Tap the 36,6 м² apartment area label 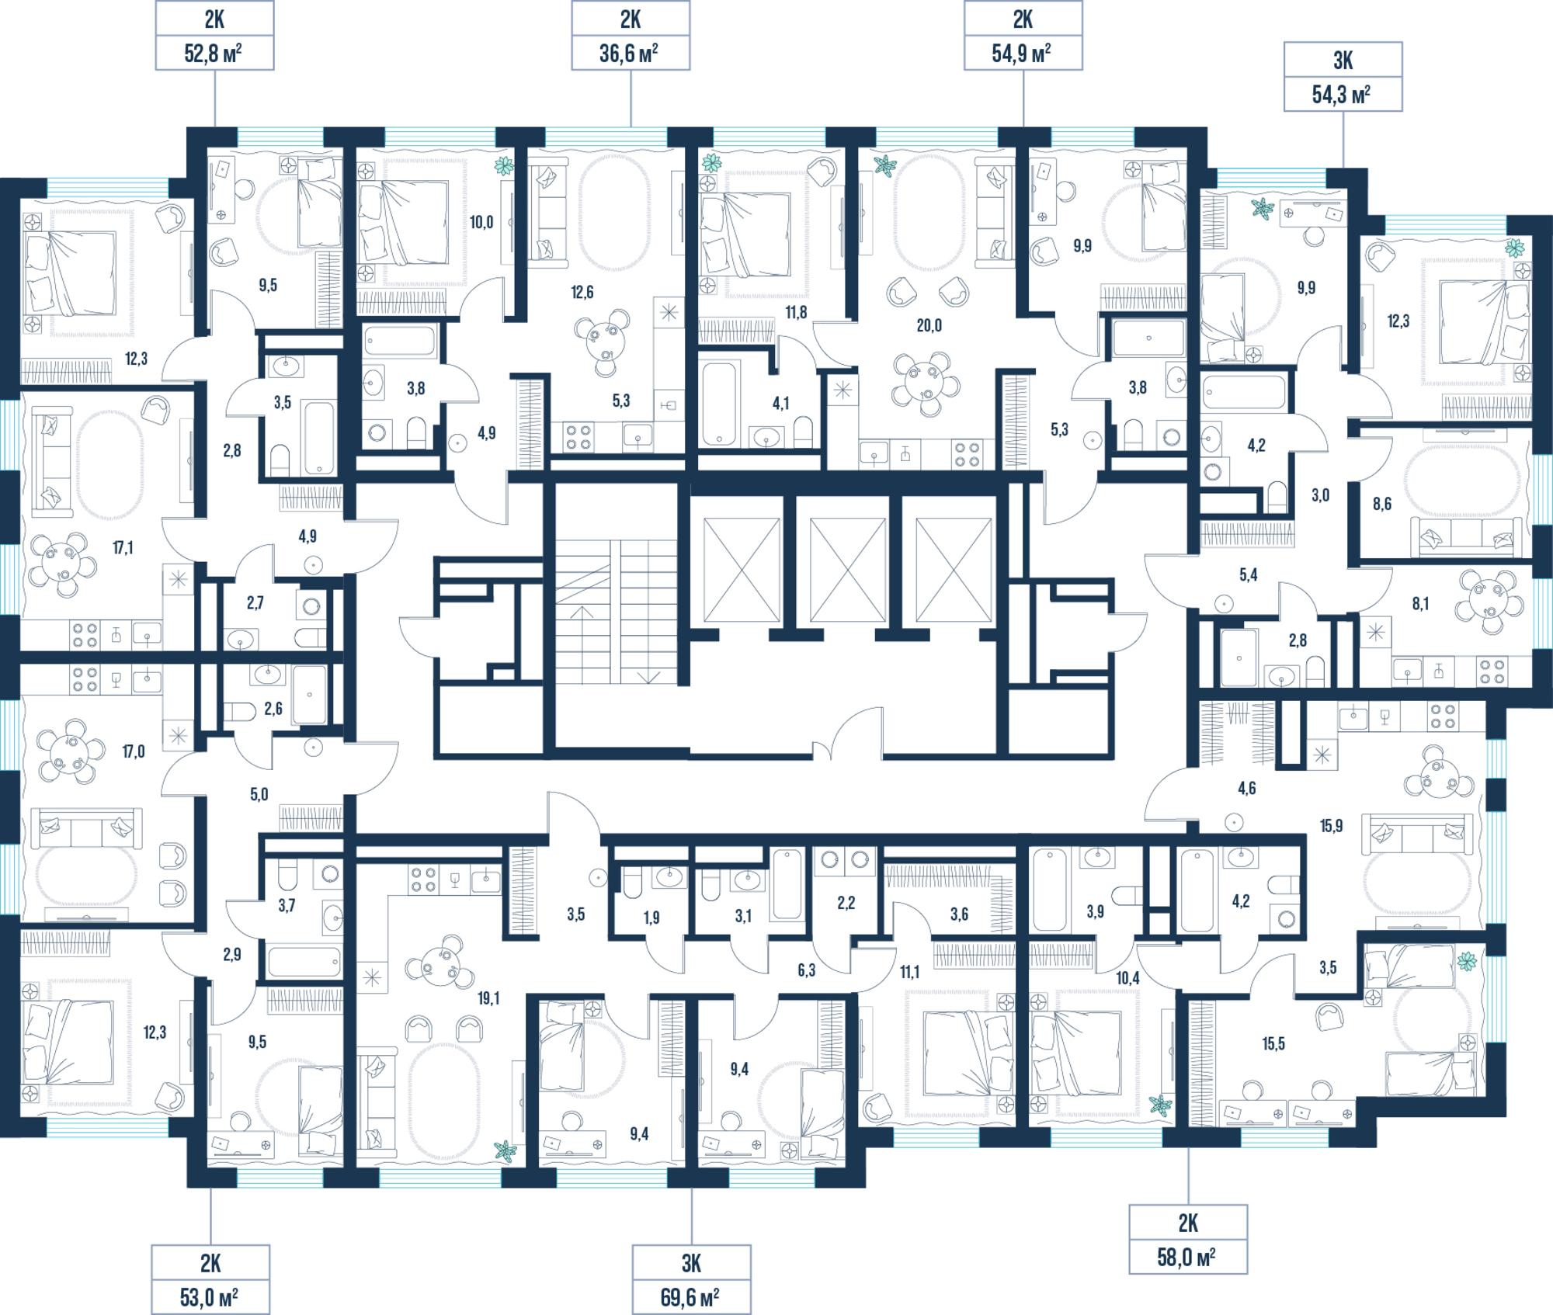coord(630,54)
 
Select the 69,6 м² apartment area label coord(690,1297)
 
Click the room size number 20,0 coord(929,325)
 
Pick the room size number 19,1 coord(488,998)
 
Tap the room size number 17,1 coord(123,548)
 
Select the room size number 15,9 coord(1331,826)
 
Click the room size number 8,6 coord(1382,504)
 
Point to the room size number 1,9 coord(651,918)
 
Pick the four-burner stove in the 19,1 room coord(423,880)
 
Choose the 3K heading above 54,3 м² coord(1343,61)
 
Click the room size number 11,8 coord(796,313)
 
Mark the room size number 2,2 coord(846,904)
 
